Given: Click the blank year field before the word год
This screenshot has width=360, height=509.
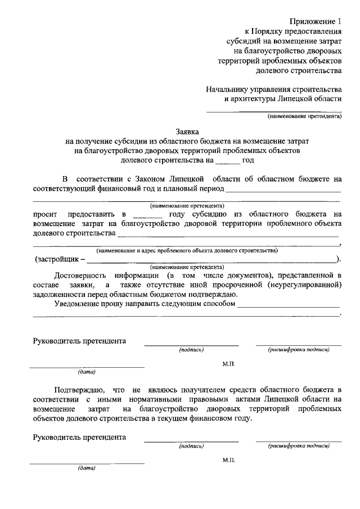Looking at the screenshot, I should coord(227,160).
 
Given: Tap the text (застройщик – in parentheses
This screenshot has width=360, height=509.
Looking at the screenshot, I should coord(60,259).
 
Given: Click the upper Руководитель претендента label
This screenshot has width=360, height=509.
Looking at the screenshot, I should coord(79,341).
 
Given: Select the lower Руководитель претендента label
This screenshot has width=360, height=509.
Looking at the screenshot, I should coord(79,437).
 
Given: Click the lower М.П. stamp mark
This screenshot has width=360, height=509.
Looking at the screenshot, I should coord(228,460).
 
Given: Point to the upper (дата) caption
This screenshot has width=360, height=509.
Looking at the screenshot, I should coord(87,372).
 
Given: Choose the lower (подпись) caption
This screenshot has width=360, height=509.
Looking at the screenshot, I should coord(191,446).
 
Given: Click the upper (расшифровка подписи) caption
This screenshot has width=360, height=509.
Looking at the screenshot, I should coord(299,350).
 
